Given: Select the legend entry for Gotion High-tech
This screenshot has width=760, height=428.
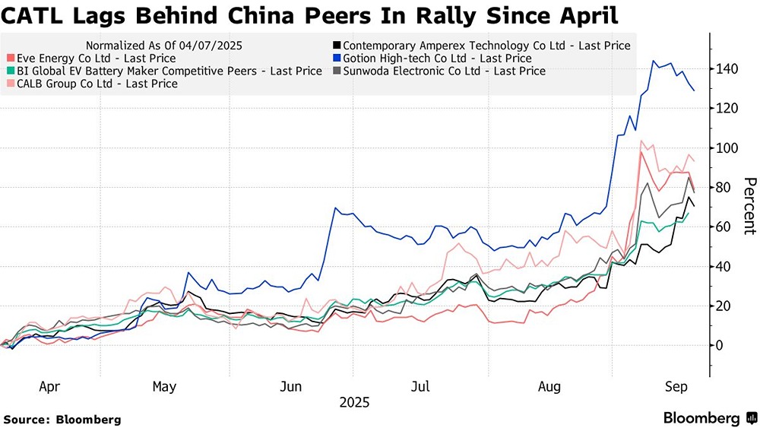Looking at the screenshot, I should [438, 58].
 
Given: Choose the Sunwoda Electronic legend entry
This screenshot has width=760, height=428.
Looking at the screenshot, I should [445, 71].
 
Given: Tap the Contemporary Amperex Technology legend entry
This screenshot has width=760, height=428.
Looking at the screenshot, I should [486, 46].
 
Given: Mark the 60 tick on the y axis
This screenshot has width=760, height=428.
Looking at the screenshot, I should [725, 227].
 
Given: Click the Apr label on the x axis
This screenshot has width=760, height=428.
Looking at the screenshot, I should [49, 387].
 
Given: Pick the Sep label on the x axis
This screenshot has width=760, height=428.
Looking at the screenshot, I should [676, 387].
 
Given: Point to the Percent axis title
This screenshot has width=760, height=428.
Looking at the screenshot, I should [749, 205].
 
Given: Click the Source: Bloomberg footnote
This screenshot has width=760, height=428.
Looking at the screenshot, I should [62, 419].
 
